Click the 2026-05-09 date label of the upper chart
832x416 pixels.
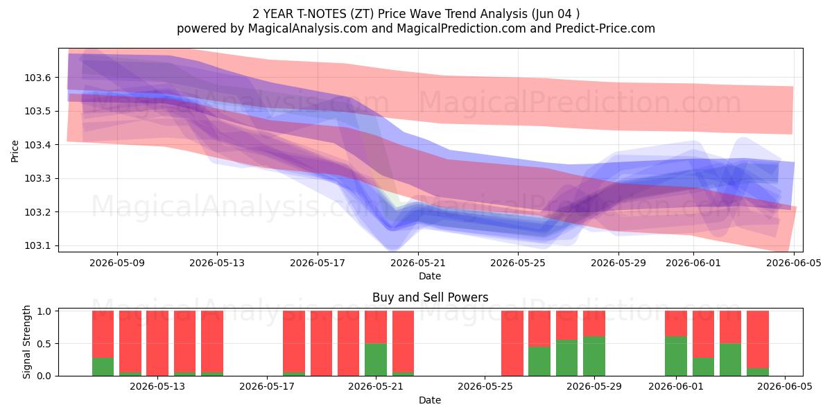tap(117, 263)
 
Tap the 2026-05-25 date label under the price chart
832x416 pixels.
tap(518, 263)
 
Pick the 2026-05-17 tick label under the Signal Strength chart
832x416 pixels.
tap(267, 387)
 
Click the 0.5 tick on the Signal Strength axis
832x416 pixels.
tap(44, 344)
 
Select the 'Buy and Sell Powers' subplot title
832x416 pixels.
tap(430, 297)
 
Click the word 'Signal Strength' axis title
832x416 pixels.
tap(26, 342)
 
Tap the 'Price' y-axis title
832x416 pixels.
tap(15, 151)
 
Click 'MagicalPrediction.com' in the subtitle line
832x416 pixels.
tap(461, 28)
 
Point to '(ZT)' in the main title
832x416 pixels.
tap(363, 14)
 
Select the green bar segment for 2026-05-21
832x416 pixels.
tap(376, 360)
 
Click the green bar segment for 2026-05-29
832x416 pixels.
tap(594, 356)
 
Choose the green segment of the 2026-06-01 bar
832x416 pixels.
tap(675, 356)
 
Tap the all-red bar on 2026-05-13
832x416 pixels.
tap(157, 343)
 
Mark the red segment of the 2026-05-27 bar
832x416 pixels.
tap(539, 329)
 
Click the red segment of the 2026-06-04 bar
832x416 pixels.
tap(758, 340)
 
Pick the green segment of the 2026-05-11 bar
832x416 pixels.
tap(103, 367)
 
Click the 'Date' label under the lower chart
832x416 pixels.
tap(430, 401)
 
